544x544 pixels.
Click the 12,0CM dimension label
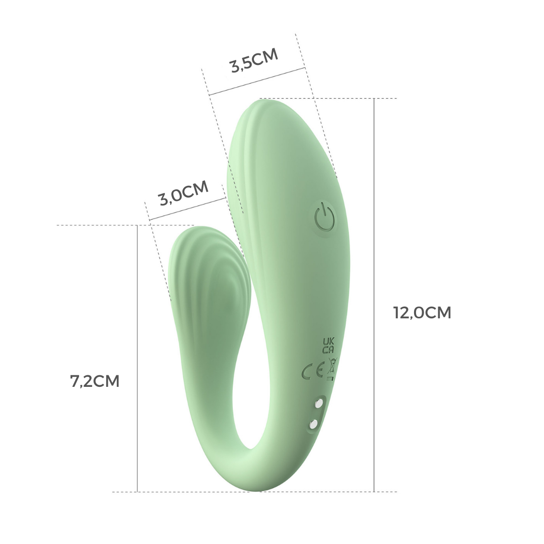[x=422, y=313]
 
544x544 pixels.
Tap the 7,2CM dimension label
[x=95, y=381]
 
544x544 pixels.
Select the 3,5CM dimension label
[x=254, y=60]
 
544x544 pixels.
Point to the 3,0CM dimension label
[x=183, y=193]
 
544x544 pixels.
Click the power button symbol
[x=325, y=219]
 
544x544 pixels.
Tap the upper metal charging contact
[x=318, y=403]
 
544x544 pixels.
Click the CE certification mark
[x=313, y=372]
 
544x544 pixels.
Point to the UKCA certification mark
[x=328, y=345]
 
